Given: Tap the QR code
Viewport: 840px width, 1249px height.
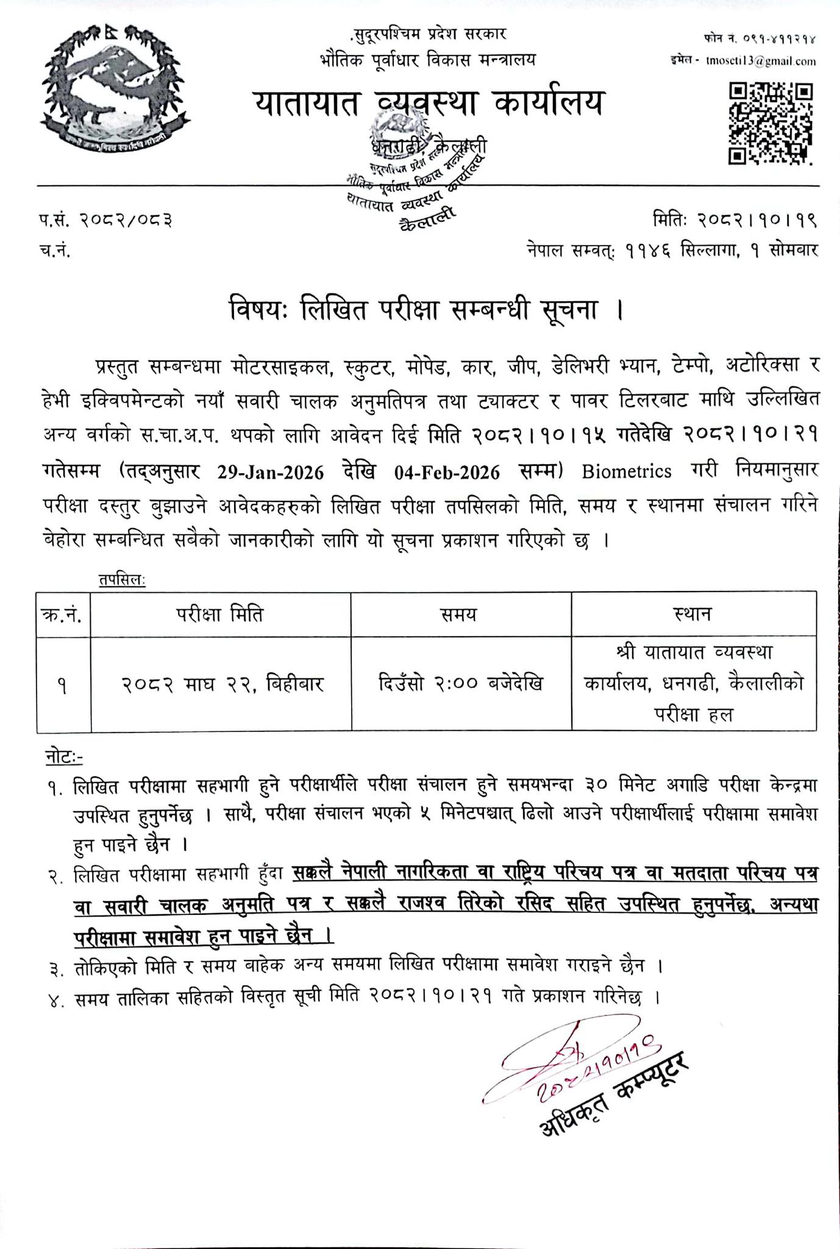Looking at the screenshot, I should (x=771, y=124).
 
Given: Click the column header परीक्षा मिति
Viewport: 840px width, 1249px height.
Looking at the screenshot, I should (x=221, y=614).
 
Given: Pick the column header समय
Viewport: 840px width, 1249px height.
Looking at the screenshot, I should (x=461, y=614).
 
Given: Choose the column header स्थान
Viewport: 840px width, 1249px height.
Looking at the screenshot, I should (x=693, y=614).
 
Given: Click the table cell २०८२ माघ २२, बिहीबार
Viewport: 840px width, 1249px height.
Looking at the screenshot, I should (x=221, y=684).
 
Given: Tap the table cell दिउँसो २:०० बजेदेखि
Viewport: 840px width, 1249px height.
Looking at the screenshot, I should (x=461, y=684).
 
